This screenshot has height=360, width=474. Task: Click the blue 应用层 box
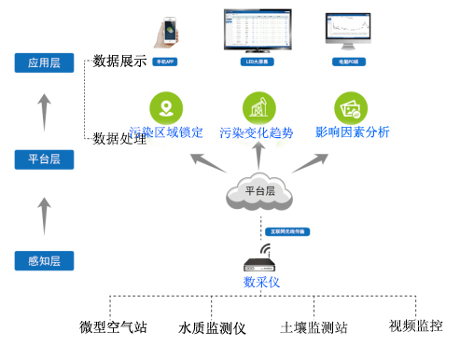tap(44, 63)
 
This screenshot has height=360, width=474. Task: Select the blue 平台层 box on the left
tap(44, 159)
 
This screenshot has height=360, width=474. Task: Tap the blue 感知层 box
tap(44, 261)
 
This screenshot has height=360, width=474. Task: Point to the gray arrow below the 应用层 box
tap(43, 111)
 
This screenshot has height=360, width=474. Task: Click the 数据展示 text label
tap(120, 62)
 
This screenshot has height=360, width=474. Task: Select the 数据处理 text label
tap(120, 138)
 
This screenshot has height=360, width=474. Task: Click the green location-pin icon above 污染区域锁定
tap(165, 107)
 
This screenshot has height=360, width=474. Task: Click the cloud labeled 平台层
tap(260, 191)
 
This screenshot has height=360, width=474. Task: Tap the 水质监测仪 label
tap(212, 328)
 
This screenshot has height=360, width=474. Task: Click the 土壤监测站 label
tap(314, 328)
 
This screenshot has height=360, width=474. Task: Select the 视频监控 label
tap(415, 325)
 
